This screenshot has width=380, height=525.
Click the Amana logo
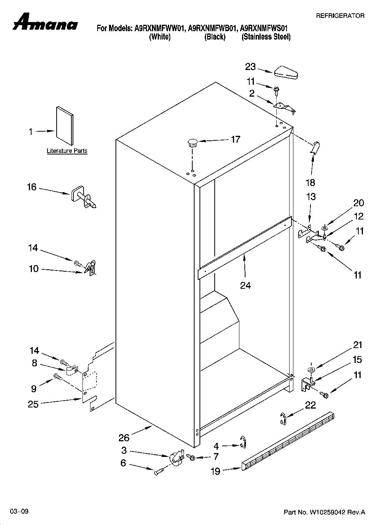45,22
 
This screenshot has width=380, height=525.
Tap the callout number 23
250,67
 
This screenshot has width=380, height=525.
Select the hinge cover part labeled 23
286,73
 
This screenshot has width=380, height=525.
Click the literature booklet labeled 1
64,126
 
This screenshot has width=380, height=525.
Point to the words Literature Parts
67,151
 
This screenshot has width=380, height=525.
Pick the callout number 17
236,140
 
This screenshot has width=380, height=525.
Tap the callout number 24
245,285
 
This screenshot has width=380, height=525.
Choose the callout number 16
32,187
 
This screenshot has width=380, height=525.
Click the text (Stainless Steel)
266,37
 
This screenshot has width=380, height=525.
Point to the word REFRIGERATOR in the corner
340,16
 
